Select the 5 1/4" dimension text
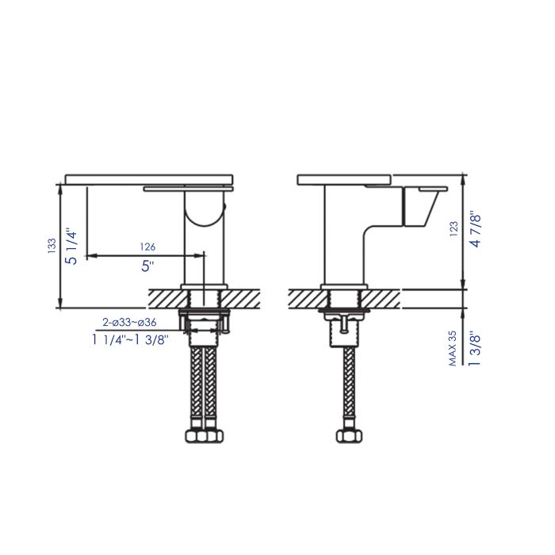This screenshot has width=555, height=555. (71, 246)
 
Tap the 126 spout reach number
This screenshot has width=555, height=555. (147, 247)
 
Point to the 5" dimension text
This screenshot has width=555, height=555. (147, 266)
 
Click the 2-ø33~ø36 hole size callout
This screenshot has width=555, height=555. (129, 322)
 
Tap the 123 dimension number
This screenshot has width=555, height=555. (454, 228)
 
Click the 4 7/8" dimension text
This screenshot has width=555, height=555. (475, 229)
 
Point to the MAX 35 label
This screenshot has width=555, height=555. (454, 348)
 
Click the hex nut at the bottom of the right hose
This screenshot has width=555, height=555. (346, 435)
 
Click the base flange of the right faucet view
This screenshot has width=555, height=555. (345, 285)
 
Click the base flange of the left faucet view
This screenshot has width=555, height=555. (205, 285)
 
